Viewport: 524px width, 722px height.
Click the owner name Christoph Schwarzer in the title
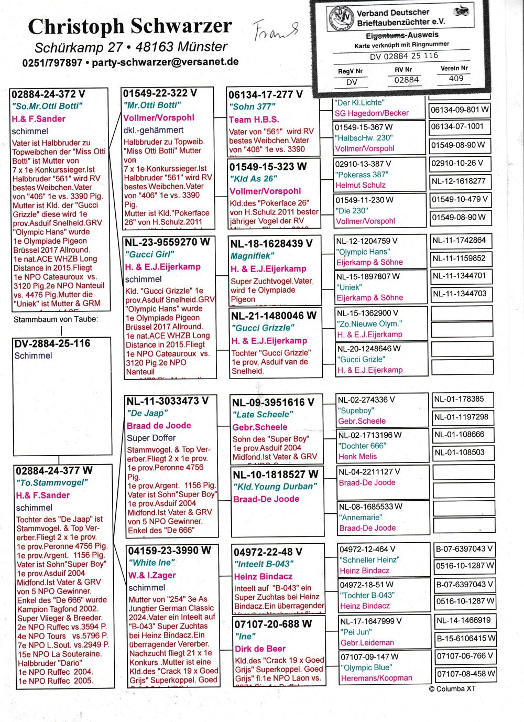[129, 26]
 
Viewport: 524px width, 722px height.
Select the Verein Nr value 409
[456, 79]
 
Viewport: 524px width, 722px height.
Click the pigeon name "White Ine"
[152, 563]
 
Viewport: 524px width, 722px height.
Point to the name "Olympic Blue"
[366, 667]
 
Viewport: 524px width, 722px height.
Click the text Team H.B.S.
[254, 119]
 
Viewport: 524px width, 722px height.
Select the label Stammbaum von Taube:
[56, 319]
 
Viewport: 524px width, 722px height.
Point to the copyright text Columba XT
[452, 688]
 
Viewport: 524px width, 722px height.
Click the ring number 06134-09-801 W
[460, 110]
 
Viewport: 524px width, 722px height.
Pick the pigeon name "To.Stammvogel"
[51, 482]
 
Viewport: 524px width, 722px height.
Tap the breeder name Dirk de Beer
[260, 649]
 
